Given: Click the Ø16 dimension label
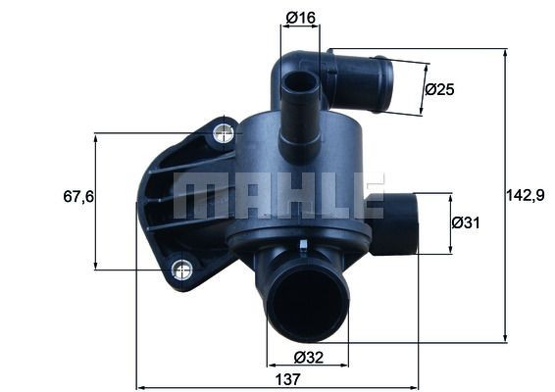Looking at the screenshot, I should tap(299, 17).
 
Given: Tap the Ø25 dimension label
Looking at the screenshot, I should tap(440, 89).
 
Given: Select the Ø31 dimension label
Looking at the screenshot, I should tap(466, 223).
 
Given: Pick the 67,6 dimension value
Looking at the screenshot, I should tap(77, 197).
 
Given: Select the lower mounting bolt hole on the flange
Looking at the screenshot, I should tap(180, 269).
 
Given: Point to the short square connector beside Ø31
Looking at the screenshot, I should tap(394, 223).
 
